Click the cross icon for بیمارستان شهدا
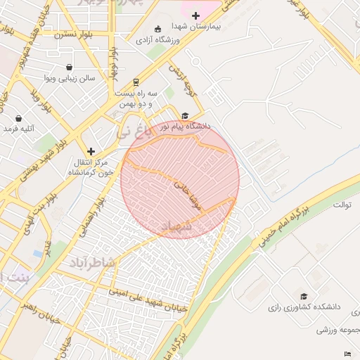[x=195, y=15]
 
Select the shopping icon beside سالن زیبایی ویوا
[x=69, y=67]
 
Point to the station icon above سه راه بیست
[x=136, y=82]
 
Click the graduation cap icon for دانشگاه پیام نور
[x=185, y=116]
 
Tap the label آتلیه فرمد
[x=18, y=129]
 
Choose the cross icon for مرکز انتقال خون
[x=91, y=151]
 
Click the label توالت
[x=342, y=205]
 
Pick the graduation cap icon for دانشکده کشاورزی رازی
[x=304, y=297]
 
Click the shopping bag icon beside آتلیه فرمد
[x=18, y=118]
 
